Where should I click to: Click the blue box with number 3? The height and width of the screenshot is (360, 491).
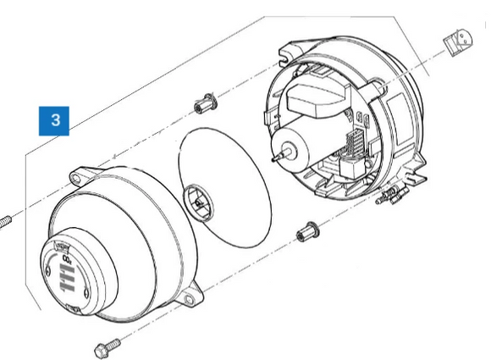[54, 121]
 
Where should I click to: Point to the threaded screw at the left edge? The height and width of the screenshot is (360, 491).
[5, 222]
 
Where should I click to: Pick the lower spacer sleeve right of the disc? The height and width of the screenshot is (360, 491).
[307, 231]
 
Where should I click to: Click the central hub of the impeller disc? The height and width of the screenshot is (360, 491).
[199, 203]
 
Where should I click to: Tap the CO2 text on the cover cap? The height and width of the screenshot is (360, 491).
[67, 259]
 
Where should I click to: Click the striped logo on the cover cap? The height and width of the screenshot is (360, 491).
[67, 278]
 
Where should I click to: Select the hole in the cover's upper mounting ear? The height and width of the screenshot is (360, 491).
[76, 179]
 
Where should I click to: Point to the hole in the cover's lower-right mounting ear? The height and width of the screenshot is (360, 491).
[189, 300]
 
